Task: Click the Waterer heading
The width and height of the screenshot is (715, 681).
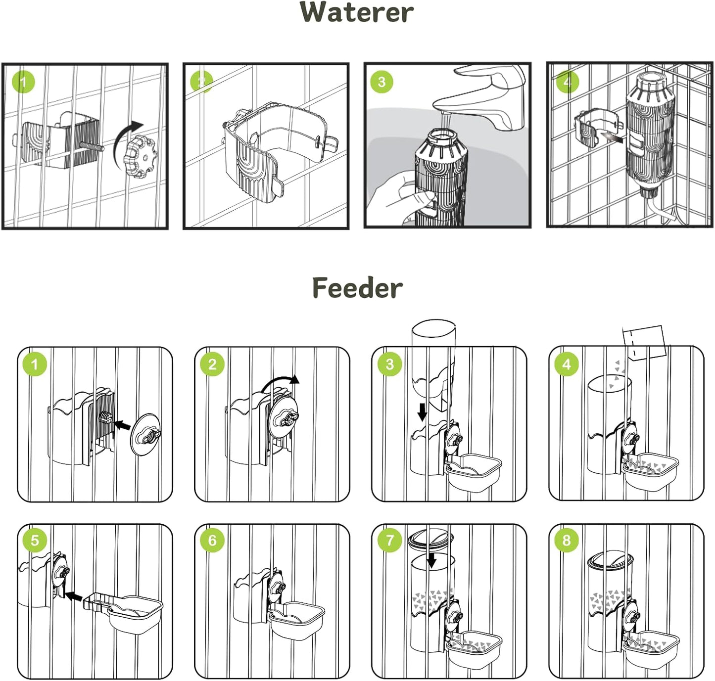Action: pos(356,12)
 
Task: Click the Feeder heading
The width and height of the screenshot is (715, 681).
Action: pos(357,288)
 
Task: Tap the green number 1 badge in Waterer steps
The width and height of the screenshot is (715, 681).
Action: pos(23,82)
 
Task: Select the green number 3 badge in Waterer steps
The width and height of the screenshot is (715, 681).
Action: pos(381,82)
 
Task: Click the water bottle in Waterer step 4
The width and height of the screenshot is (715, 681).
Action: pos(650,134)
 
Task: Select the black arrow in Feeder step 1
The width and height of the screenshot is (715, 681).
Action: pos(122,424)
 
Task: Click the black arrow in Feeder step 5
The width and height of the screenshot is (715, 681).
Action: pos(74,596)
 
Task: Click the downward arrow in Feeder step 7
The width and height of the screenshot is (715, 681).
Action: pos(431,560)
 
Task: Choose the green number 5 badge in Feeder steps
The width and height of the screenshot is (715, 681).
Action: pos(34,540)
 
